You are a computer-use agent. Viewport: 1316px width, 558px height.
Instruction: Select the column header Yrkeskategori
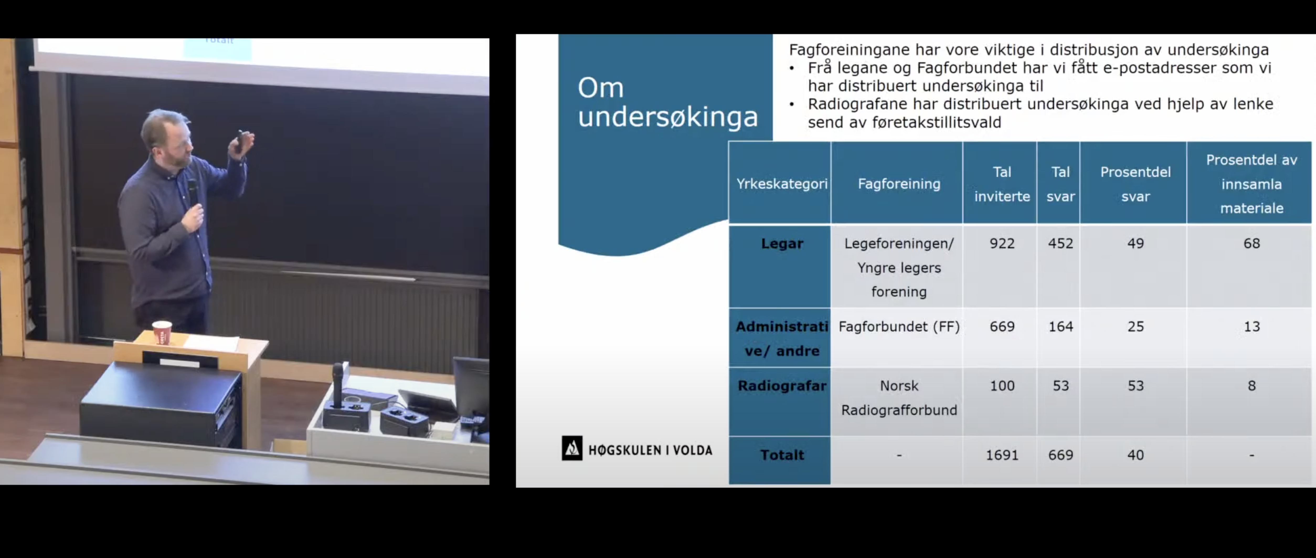[x=782, y=184]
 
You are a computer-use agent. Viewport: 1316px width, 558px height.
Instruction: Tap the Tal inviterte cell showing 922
[x=1002, y=243]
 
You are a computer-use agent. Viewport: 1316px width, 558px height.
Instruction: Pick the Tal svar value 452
[x=1060, y=243]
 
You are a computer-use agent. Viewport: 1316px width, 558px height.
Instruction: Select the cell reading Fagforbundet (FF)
[x=899, y=327]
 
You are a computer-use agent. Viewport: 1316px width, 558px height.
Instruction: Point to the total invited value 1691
[x=1002, y=455]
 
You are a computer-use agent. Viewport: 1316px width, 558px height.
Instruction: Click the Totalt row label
[x=782, y=455]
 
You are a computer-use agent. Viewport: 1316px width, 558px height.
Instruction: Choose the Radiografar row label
[x=782, y=386]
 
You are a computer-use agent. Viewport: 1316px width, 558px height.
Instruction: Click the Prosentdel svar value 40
[x=1135, y=455]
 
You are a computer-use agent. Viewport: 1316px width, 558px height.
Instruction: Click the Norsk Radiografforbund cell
[x=899, y=398]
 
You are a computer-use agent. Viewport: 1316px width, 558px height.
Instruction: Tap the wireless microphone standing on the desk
[x=338, y=384]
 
